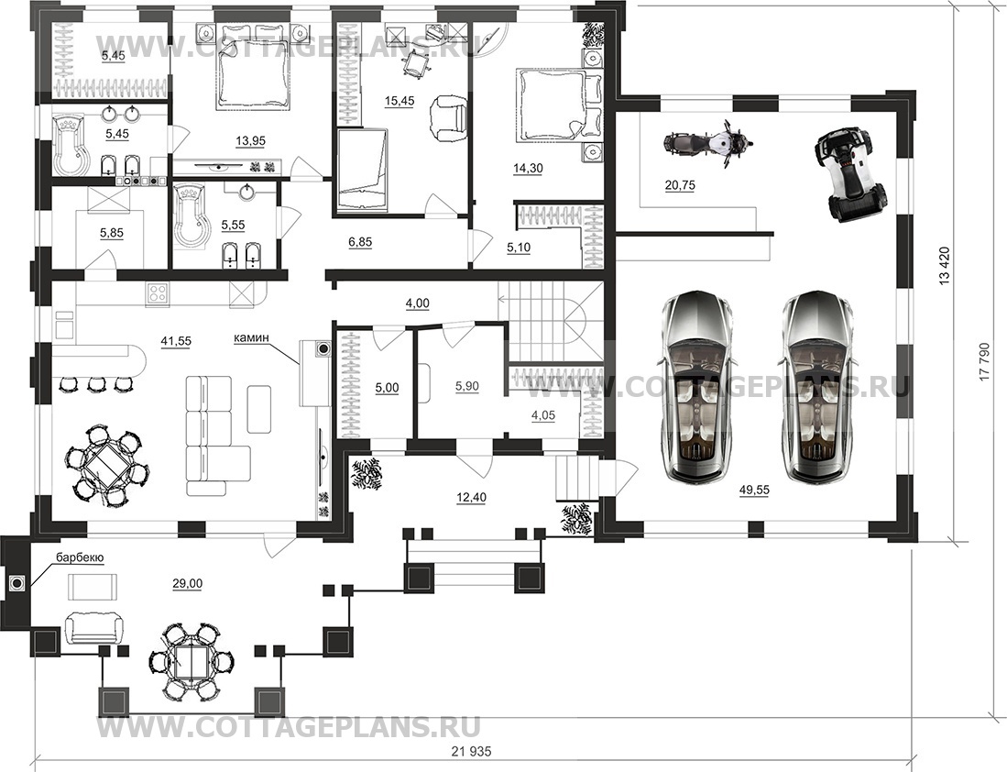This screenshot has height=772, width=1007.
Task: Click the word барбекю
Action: click(80, 557)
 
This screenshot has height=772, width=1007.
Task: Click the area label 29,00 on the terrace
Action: click(187, 584)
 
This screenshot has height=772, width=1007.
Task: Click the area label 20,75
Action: click(680, 185)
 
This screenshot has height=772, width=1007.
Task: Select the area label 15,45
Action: click(400, 101)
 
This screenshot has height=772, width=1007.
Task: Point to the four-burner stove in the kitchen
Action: click(158, 294)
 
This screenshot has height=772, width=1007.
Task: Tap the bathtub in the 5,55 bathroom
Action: click(191, 216)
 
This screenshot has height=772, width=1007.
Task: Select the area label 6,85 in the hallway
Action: click(359, 242)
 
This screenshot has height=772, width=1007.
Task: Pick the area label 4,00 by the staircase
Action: click(417, 303)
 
